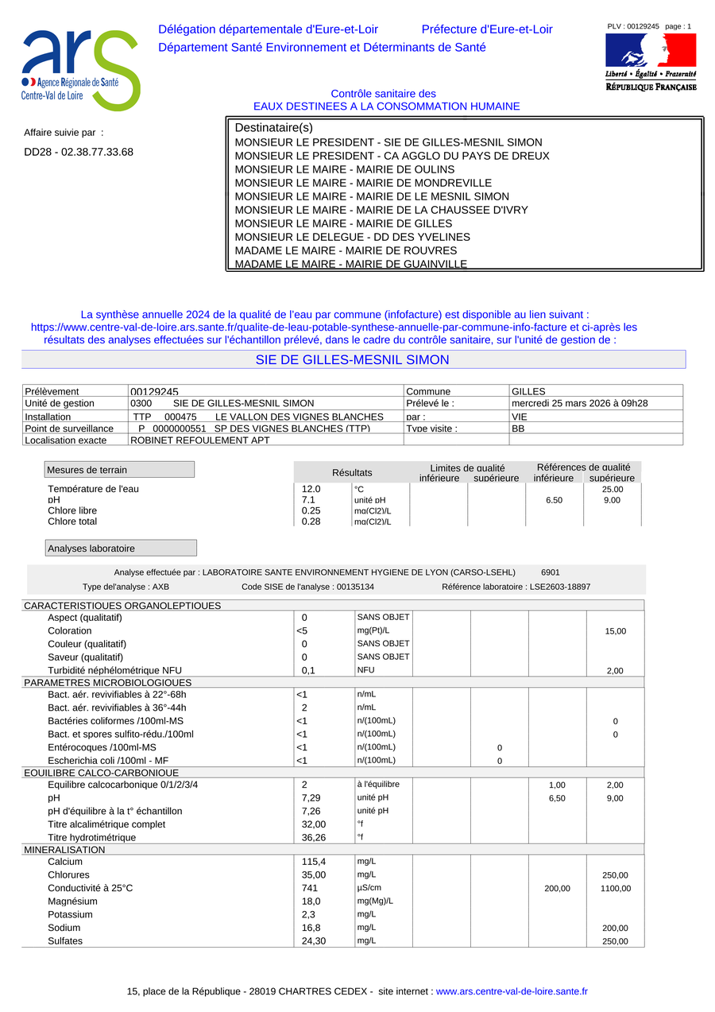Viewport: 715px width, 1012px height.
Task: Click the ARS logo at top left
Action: tap(79, 70)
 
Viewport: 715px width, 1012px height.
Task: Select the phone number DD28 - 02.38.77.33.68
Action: tap(79, 152)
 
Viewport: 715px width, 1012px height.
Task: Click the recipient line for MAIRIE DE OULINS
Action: tap(345, 169)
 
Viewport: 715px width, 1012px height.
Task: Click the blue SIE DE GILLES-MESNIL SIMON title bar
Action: tap(353, 360)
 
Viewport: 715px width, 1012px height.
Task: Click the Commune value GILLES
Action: tap(528, 391)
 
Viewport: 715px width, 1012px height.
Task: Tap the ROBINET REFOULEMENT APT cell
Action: tap(199, 440)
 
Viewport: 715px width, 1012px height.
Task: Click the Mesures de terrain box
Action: tap(119, 470)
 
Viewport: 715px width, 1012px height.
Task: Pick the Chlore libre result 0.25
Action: tap(311, 510)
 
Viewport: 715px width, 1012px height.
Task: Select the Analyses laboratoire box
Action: tap(121, 549)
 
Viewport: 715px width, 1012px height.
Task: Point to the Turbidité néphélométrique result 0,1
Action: tap(308, 670)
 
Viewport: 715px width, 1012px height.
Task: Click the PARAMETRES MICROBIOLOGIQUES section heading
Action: tap(108, 682)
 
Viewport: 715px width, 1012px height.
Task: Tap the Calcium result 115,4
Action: tap(314, 862)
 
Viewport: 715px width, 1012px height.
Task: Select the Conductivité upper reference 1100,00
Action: tap(615, 888)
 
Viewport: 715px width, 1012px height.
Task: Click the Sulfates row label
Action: tap(65, 941)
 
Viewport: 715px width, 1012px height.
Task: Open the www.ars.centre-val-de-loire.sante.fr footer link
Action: tap(512, 991)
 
